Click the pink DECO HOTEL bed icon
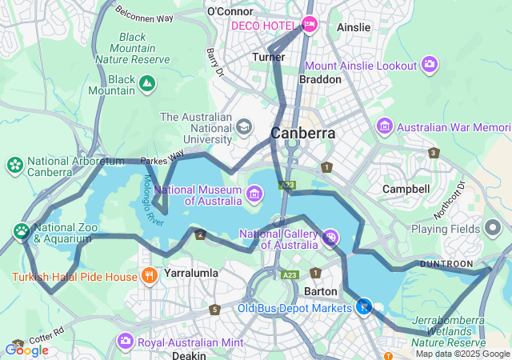pyautogui.click(x=310, y=25)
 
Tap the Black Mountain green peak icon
pyautogui.click(x=147, y=83)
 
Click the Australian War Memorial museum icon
pyautogui.click(x=386, y=126)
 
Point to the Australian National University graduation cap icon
pyautogui.click(x=243, y=126)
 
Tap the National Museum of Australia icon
pyautogui.click(x=254, y=192)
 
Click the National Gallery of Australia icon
pyautogui.click(x=330, y=237)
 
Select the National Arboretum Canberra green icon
pyautogui.click(x=14, y=165)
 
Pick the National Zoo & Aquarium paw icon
pyautogui.click(x=21, y=232)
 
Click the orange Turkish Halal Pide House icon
pyautogui.click(x=149, y=277)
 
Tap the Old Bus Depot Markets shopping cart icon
pyautogui.click(x=364, y=306)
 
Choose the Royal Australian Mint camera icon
pyautogui.click(x=125, y=342)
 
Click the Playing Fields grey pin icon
pyautogui.click(x=493, y=228)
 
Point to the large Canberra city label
pyautogui.click(x=302, y=133)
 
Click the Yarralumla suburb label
pyautogui.click(x=190, y=273)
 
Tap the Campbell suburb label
pyautogui.click(x=406, y=189)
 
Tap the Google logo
pyautogui.click(x=26, y=350)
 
